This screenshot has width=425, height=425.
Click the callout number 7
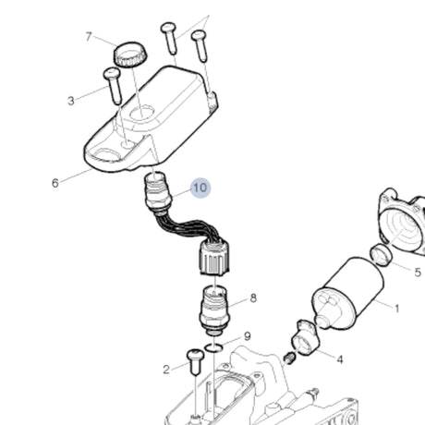90,37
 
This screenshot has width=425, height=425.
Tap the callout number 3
71,100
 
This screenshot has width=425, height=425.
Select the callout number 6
55,183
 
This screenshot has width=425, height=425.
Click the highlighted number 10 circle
200,188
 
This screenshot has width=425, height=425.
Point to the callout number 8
252,298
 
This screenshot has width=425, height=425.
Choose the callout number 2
167,370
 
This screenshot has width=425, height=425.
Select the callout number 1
396,308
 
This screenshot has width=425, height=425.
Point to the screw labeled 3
114,89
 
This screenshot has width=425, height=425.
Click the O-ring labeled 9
214,346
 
